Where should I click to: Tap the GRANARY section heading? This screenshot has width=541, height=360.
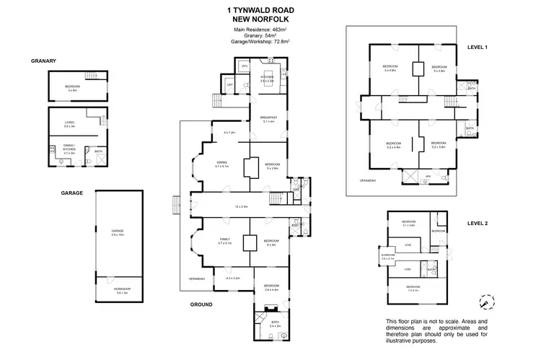pyautogui.click(x=44, y=61)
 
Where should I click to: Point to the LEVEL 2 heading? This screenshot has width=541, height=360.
pyautogui.click(x=478, y=224)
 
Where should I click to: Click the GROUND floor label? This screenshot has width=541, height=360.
pyautogui.click(x=201, y=304)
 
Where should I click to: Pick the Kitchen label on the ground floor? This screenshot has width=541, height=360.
pyautogui.click(x=266, y=78)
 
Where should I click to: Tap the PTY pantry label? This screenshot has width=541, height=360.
pyautogui.click(x=245, y=66)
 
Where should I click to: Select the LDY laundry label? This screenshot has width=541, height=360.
pyautogui.click(x=230, y=86)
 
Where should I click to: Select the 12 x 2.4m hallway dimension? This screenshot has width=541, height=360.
pyautogui.click(x=241, y=207)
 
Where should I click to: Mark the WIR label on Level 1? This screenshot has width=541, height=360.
pyautogui.click(x=428, y=176)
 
